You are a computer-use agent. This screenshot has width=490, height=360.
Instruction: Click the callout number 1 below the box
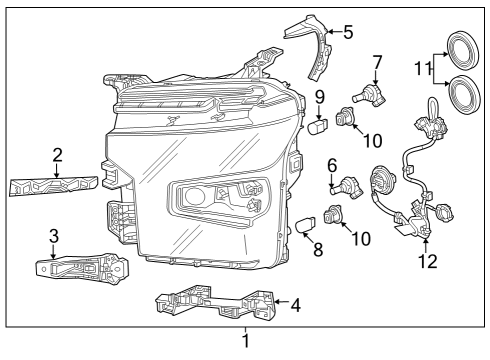pyautogui.click(x=246, y=343)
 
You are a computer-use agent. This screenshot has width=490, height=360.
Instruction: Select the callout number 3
pyautogui.click(x=54, y=236)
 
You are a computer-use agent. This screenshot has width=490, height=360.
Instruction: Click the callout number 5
pyautogui.click(x=347, y=31)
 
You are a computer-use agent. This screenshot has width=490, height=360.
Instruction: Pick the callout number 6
pyautogui.click(x=331, y=164)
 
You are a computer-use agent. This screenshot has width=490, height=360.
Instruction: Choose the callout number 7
pyautogui.click(x=377, y=61)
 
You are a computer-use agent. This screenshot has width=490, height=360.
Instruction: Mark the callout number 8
pyautogui.click(x=318, y=249)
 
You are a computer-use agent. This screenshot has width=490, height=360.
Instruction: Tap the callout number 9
pyautogui.click(x=320, y=96)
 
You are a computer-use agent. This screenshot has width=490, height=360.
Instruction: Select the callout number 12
pyautogui.click(x=427, y=263)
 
